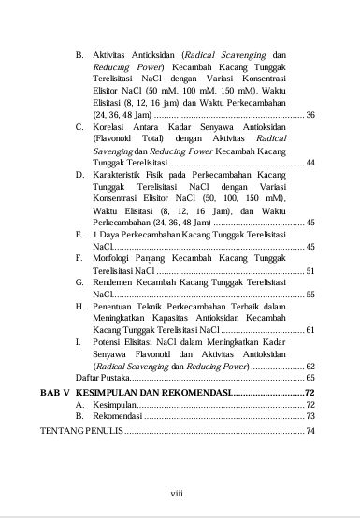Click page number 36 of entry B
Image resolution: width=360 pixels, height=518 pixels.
(310, 115)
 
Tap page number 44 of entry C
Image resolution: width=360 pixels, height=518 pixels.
(310, 164)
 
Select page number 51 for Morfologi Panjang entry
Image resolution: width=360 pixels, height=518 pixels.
(310, 269)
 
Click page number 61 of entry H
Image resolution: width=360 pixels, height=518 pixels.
(310, 330)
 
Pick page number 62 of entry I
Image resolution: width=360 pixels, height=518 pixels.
(310, 366)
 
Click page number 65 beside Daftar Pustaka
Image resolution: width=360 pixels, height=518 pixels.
(310, 378)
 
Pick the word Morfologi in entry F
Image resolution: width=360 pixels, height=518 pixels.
(116, 257)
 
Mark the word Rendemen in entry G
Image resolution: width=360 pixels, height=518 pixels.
(116, 281)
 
